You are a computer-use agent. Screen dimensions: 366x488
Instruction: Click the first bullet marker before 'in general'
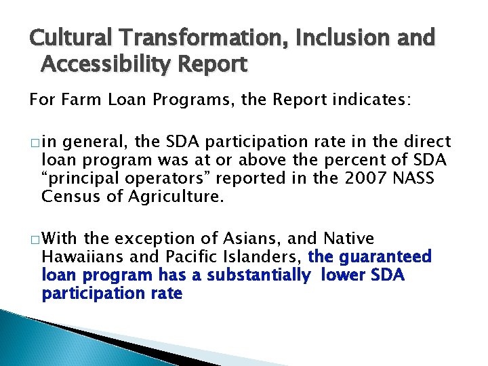pyautogui.click(x=34, y=143)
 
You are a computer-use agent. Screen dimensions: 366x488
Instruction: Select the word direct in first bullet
pyautogui.click(x=428, y=142)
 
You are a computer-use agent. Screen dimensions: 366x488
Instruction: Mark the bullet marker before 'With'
pyautogui.click(x=34, y=240)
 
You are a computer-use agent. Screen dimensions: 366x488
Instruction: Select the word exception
pyautogui.click(x=155, y=239)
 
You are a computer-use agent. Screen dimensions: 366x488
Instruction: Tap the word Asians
pyautogui.click(x=253, y=239)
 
